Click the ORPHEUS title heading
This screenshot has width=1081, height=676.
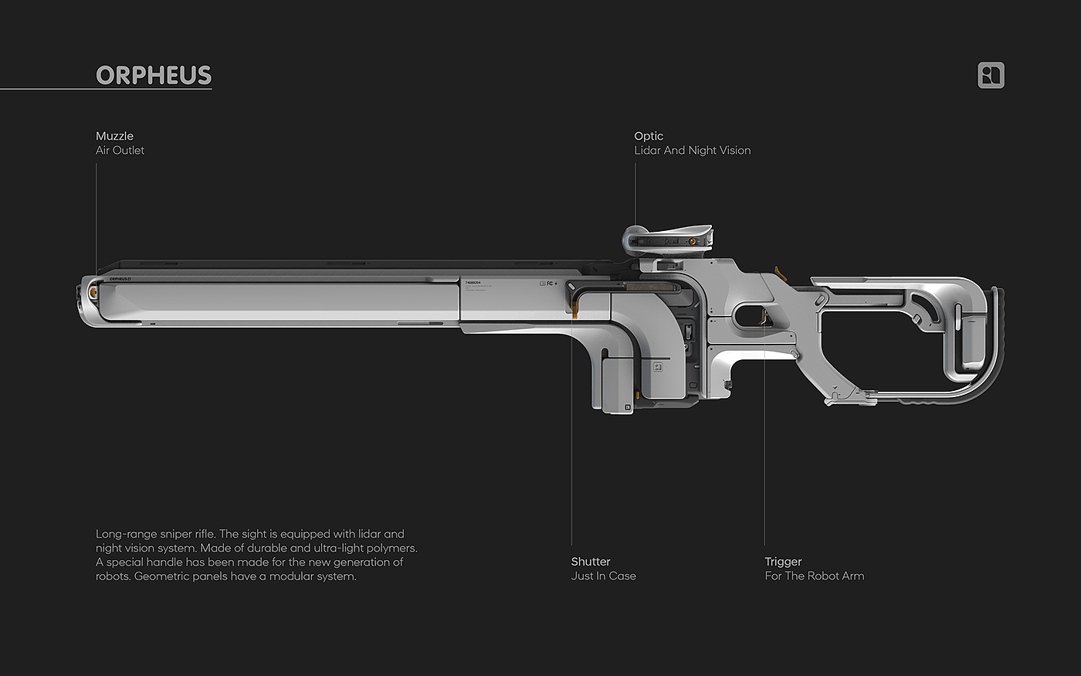point(154,75)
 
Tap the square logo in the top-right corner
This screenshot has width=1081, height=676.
point(991,75)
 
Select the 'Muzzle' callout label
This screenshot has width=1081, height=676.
point(114,136)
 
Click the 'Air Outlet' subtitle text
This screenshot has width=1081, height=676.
point(120,150)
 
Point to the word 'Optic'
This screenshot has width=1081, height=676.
point(649,136)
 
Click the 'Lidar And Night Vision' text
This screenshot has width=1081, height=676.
point(692,150)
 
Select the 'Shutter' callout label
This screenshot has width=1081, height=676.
point(591,562)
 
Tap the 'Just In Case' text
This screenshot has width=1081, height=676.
point(603,576)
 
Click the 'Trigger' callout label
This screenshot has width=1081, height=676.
point(783,562)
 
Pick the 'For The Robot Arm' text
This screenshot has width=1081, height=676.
point(814,576)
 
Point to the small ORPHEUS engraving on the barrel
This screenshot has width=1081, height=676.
point(119,279)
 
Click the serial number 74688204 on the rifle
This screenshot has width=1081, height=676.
point(473,283)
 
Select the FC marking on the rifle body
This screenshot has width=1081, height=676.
point(550,284)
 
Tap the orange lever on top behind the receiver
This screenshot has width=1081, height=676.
point(779,271)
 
